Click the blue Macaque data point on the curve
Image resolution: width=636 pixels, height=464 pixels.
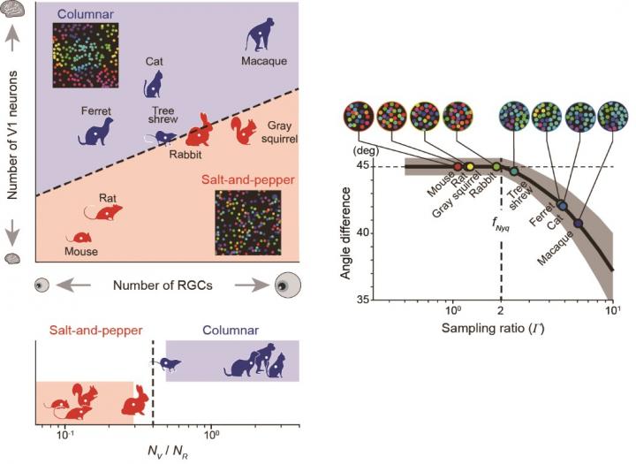click(579, 224)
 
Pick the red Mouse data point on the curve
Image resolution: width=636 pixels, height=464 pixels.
click(457, 166)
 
